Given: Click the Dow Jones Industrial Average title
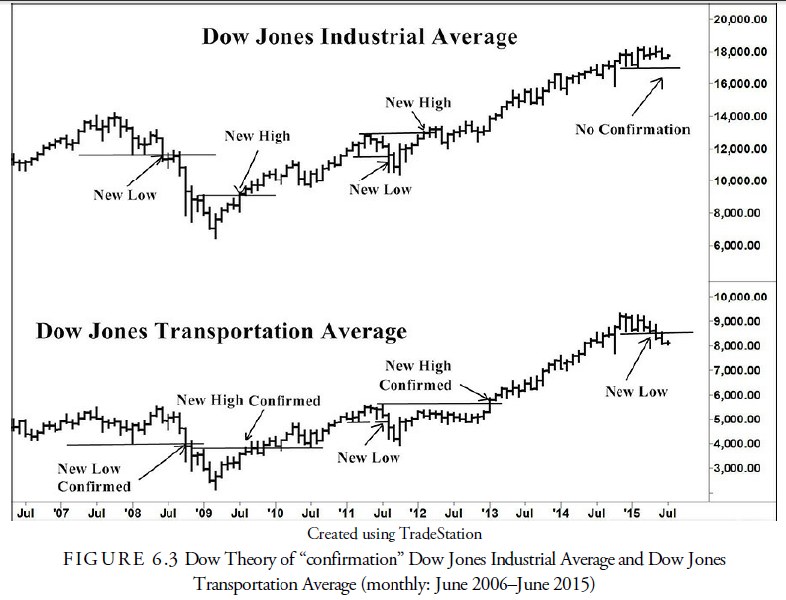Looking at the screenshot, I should (360, 38).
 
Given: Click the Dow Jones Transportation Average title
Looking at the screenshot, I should (221, 331).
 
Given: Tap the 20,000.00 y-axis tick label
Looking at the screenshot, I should (743, 19).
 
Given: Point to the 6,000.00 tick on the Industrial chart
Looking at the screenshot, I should (743, 245).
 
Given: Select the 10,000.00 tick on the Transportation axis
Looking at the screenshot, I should (743, 297).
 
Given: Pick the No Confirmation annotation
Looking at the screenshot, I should (632, 129).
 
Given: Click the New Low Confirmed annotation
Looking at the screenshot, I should (94, 477).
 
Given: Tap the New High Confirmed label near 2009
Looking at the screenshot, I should (249, 400).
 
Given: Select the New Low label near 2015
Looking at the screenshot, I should (636, 392).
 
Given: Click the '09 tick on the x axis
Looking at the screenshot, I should (204, 514).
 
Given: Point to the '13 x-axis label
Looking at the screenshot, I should (489, 514).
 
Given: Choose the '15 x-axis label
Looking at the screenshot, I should (630, 514).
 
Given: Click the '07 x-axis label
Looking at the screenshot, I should (61, 514).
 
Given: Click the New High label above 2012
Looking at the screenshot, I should (417, 102).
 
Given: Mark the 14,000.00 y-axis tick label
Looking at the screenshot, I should (743, 116).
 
